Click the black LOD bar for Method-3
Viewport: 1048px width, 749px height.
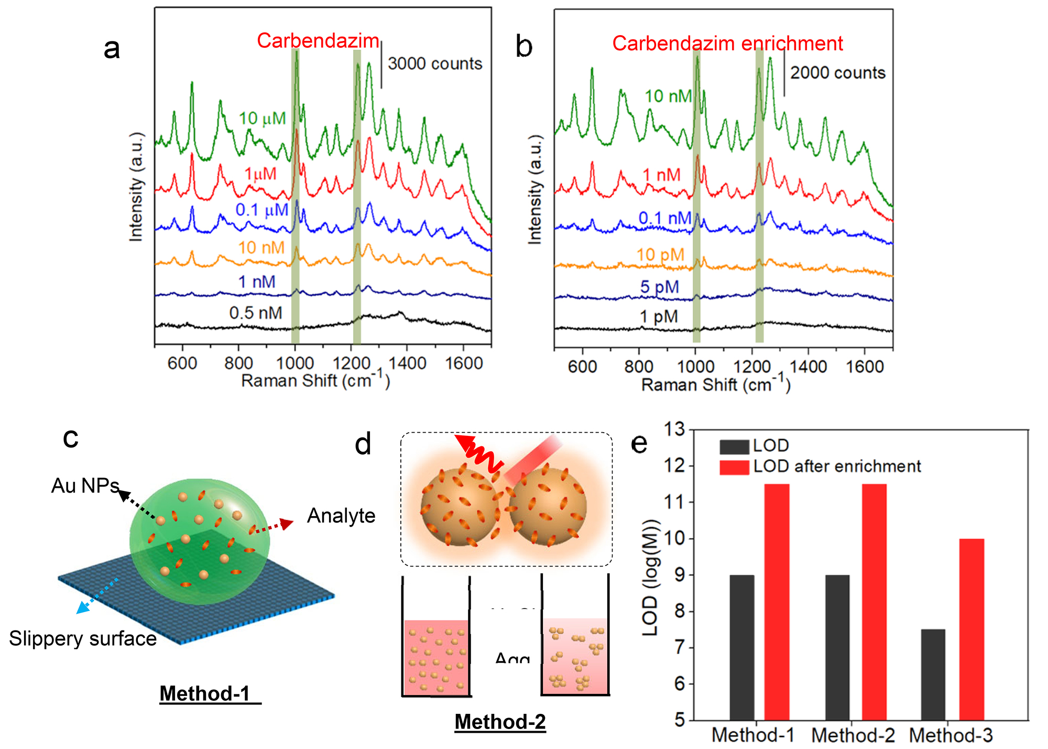[x=933, y=675]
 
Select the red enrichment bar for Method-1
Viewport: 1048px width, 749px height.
[x=777, y=602]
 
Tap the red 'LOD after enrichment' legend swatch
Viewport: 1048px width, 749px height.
[x=734, y=467]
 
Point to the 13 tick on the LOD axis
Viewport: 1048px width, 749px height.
[x=675, y=430]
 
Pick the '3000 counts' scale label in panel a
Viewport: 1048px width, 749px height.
[x=435, y=64]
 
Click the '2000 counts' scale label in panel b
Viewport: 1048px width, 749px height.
[x=837, y=73]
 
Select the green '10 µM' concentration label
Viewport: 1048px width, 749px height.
[x=262, y=119]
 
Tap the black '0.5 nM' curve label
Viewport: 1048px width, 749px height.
[x=256, y=313]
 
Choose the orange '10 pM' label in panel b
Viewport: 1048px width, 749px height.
[x=660, y=255]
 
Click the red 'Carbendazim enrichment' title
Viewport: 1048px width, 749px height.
[x=727, y=44]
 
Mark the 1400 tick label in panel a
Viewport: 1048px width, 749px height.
[x=407, y=363]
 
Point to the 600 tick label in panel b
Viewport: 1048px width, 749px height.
[x=582, y=366]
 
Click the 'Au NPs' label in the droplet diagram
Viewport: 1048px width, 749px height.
[x=85, y=486]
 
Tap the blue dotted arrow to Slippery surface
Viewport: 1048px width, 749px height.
[x=98, y=595]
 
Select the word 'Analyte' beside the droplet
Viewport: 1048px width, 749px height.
[x=341, y=516]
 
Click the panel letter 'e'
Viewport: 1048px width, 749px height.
[x=639, y=444]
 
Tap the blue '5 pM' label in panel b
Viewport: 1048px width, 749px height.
[x=659, y=287]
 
